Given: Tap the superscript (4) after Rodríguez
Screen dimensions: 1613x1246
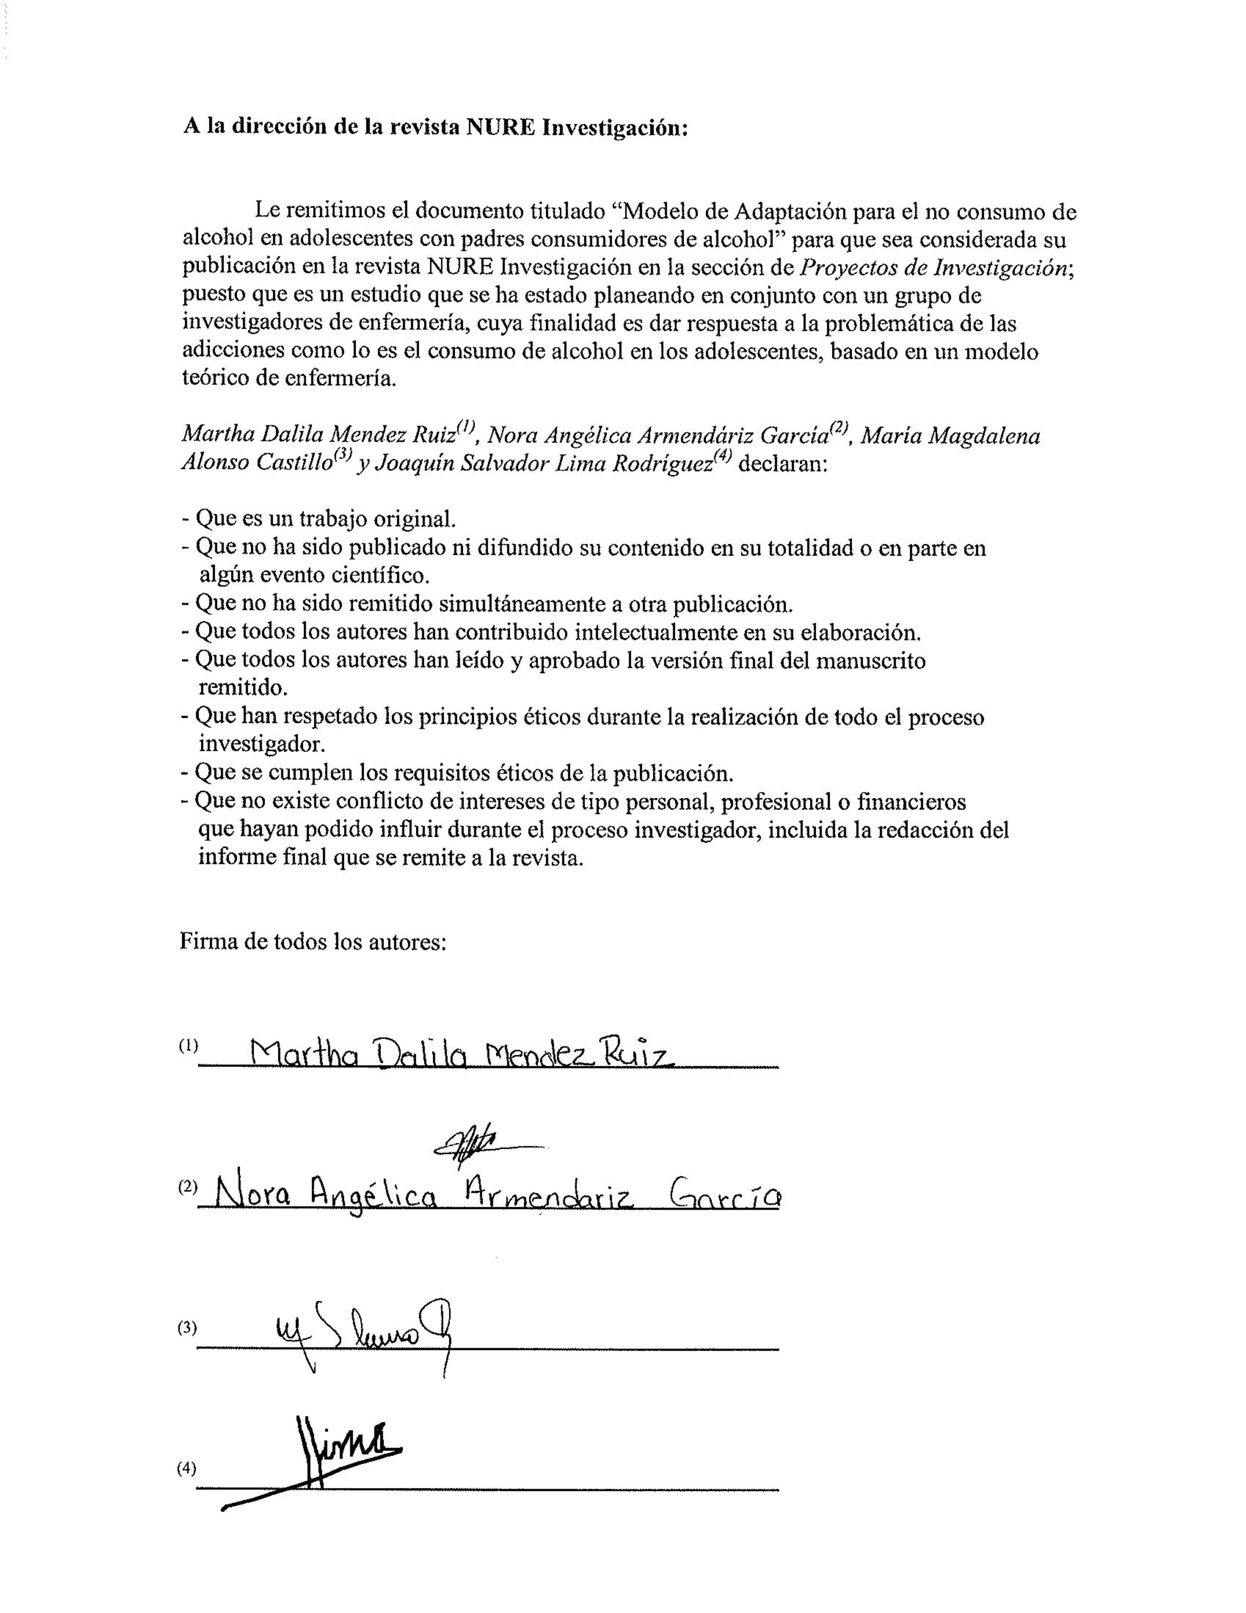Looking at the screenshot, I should coord(723,458).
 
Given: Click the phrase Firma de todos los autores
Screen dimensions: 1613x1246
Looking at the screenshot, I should coord(313,943).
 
